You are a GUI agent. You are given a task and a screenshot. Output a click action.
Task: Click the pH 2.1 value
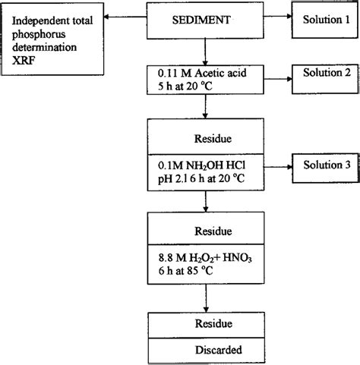(x=172, y=178)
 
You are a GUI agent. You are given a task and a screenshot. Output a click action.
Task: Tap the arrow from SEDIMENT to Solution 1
(x=276, y=17)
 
